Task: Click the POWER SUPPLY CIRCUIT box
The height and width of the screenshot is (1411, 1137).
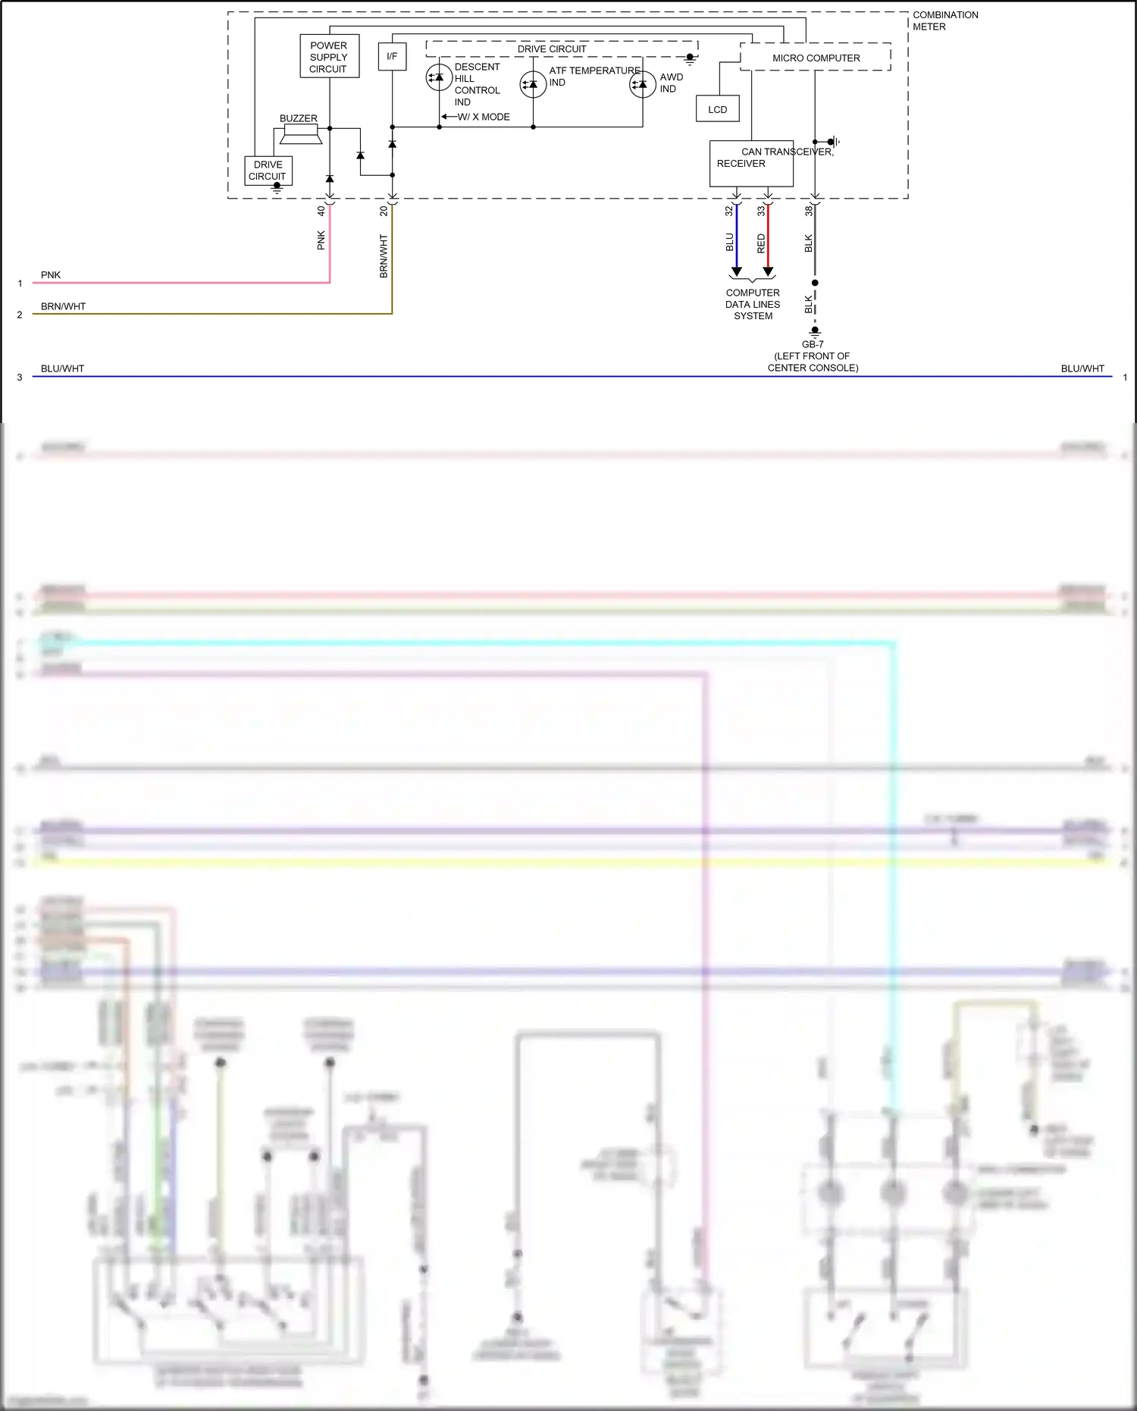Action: click(x=329, y=57)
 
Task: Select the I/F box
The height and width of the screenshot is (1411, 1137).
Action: click(x=392, y=57)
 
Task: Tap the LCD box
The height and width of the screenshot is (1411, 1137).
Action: click(x=717, y=109)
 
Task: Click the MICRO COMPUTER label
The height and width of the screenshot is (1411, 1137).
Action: click(x=816, y=58)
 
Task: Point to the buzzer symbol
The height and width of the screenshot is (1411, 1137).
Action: click(x=300, y=134)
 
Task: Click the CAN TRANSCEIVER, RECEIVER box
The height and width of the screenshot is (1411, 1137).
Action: click(x=750, y=163)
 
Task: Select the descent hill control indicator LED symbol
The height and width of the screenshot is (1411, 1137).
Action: click(x=439, y=78)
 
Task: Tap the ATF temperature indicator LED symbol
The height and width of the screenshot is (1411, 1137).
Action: click(x=533, y=84)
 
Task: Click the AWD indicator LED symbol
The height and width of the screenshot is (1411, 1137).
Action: click(x=642, y=84)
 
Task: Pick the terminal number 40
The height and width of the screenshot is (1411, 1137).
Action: click(x=321, y=211)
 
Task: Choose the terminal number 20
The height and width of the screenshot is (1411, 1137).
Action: click(x=384, y=211)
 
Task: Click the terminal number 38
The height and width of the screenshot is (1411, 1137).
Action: click(x=808, y=211)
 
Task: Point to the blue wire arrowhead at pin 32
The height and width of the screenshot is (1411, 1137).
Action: click(x=736, y=271)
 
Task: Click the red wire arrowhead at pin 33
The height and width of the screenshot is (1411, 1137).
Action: click(x=768, y=271)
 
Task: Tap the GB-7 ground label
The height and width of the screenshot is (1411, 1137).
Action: click(x=813, y=344)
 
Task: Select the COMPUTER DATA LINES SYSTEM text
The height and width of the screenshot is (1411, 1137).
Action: click(x=753, y=304)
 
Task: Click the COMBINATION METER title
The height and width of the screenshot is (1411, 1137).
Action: click(x=944, y=20)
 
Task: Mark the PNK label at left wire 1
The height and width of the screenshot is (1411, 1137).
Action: click(x=51, y=275)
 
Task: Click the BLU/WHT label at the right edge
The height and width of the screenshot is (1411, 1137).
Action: click(x=1082, y=368)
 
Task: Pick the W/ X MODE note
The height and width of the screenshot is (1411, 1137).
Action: click(x=483, y=117)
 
